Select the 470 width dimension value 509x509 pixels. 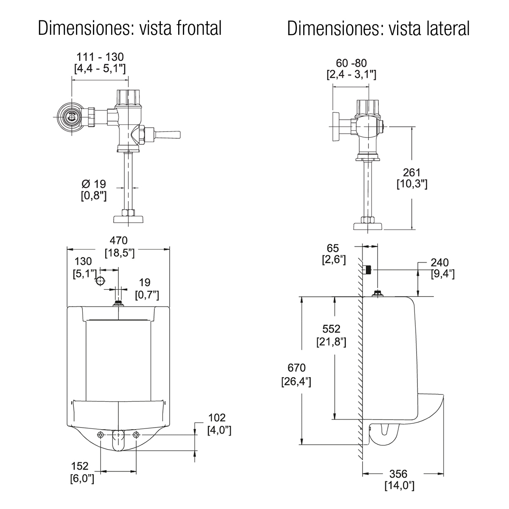point(119,241)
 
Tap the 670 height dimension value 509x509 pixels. point(296,368)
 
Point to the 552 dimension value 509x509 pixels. point(332,329)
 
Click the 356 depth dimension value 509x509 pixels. point(398,473)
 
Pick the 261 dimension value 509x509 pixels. point(411,173)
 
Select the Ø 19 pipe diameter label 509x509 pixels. point(93,184)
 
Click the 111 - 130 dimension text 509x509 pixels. point(100,56)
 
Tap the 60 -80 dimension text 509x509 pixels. point(351,63)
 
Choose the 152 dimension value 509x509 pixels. point(80,466)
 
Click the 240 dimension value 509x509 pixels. point(440,263)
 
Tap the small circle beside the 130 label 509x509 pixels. point(100,280)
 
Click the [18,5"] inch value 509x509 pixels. point(120,253)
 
